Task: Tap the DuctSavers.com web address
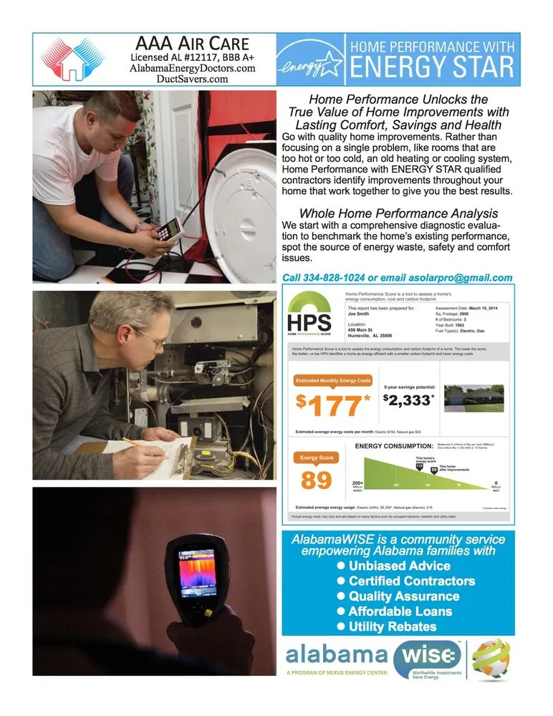[x=192, y=79]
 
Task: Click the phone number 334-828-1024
[x=335, y=277]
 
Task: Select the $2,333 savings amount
[x=408, y=400]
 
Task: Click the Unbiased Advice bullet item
[x=399, y=566]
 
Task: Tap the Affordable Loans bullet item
[x=400, y=611]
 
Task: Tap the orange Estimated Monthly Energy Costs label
[x=333, y=380]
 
